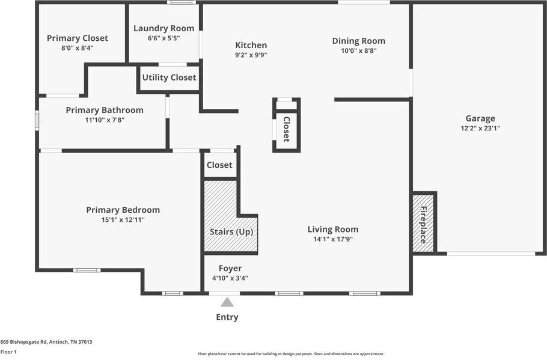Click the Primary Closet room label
[x=78, y=38]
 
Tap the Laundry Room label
[x=163, y=28]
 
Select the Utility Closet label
[x=169, y=78]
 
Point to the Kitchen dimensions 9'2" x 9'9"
[x=251, y=55]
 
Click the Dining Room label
[x=358, y=41]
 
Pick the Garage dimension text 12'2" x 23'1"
[x=480, y=128]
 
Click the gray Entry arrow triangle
[x=227, y=302]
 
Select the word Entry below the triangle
[x=227, y=317]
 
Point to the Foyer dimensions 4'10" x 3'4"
[x=230, y=278]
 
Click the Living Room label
[x=332, y=229]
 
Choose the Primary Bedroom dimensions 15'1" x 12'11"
[x=123, y=220]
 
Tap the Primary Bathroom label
[x=105, y=110]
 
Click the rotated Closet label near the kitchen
[x=287, y=129]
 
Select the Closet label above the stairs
[x=219, y=165]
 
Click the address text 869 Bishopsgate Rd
[x=46, y=342]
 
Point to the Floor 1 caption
[x=8, y=352]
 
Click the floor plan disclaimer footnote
[x=291, y=354]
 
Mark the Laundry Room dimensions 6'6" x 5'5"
[x=163, y=38]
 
